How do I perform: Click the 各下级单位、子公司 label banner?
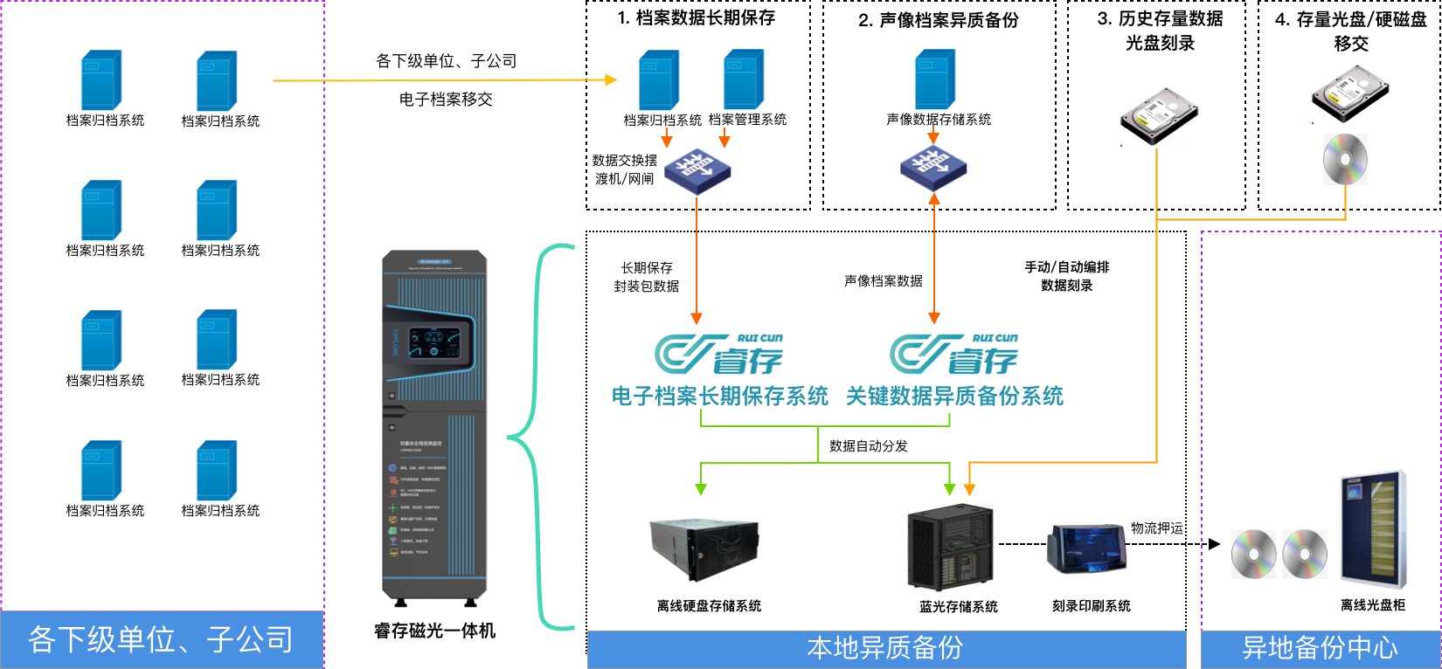162,639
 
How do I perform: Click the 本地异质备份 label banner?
885,649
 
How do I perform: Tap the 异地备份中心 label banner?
1320,649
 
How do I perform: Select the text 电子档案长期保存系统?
719,397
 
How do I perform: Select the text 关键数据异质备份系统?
954,397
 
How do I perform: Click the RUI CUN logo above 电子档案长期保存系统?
720,353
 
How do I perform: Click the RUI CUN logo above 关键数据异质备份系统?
954,353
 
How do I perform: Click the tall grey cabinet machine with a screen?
434,428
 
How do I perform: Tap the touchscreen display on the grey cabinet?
434,341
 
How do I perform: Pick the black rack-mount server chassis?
704,548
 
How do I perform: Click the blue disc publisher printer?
1087,548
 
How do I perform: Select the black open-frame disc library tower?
950,548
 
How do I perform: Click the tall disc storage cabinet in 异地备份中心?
1373,529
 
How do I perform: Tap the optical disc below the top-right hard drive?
1345,159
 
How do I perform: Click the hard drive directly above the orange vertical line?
1160,116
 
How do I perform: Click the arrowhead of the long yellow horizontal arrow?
612,80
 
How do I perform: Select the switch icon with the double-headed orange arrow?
933,169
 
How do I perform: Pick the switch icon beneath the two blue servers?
697,171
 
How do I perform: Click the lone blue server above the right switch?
934,79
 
